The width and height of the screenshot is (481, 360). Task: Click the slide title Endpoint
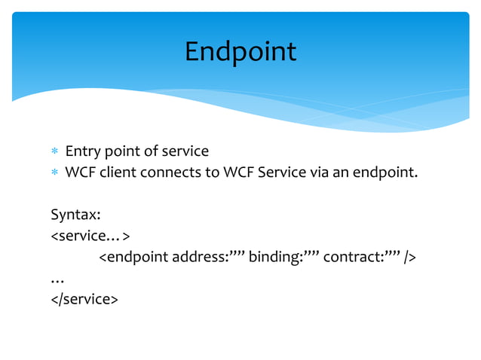[x=240, y=52]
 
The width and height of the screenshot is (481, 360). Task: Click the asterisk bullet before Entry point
[x=54, y=153]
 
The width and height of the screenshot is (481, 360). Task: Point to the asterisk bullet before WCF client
[x=54, y=174]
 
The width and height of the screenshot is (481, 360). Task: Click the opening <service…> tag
[x=90, y=236]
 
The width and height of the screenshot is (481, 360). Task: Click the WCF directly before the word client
[x=79, y=173]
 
